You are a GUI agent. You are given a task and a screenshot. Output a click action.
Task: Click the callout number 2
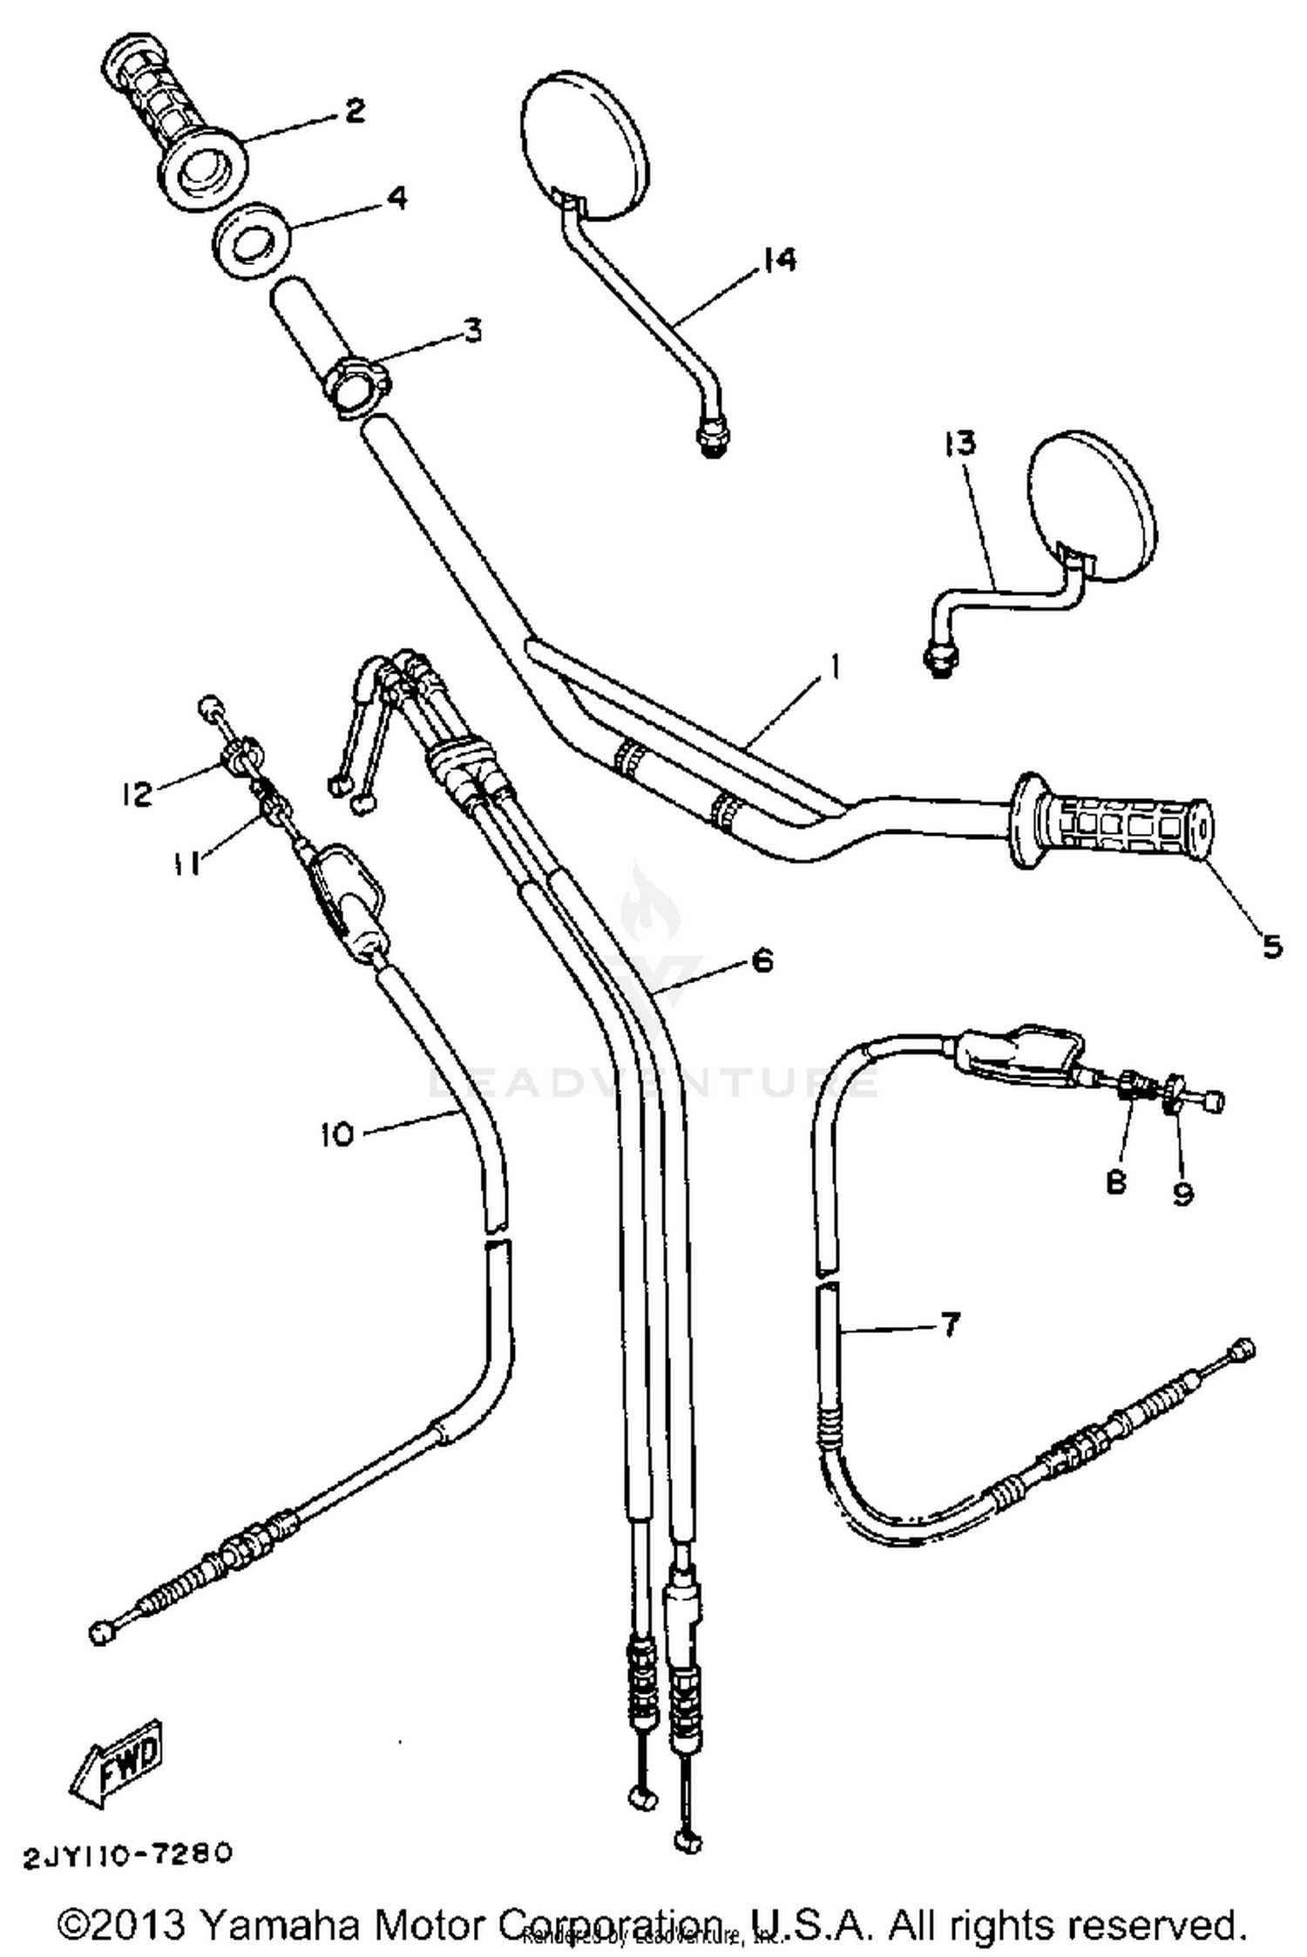354,111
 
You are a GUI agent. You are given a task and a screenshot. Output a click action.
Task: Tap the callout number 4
395,198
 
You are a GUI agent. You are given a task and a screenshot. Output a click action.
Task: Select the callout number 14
778,260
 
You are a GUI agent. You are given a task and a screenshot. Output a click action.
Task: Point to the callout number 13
959,444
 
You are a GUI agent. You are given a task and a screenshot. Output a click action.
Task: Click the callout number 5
1271,945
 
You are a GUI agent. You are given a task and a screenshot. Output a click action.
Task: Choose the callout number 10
337,1134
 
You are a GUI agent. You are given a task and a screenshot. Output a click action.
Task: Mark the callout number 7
949,1324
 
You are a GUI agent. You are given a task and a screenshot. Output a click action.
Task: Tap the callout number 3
471,330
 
